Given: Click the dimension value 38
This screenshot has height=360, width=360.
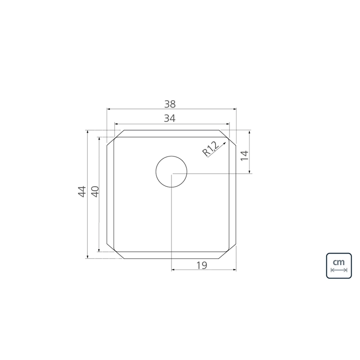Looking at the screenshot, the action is click(170, 104).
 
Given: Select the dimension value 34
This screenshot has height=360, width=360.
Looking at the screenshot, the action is click(170, 118).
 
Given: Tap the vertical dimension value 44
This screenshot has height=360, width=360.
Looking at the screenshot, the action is click(82, 192).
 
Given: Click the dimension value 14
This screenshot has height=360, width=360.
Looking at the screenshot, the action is click(245, 156).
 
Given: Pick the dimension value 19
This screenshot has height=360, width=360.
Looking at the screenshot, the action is click(202, 265).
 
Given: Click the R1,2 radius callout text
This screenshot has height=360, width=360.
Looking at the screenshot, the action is click(210, 149).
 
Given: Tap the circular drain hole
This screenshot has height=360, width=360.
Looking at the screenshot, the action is click(171, 171).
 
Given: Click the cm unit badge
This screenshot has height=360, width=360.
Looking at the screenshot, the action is click(339, 265).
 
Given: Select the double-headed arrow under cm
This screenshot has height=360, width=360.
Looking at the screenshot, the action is click(339, 270).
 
